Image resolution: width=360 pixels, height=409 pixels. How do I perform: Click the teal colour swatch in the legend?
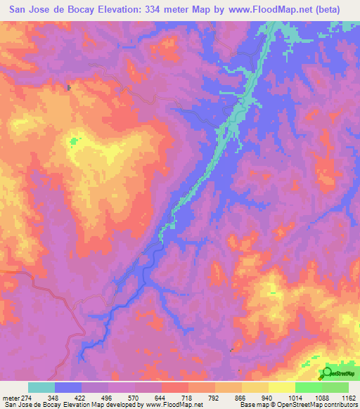[x=41, y=387]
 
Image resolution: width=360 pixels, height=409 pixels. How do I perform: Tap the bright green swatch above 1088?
[x=308, y=387]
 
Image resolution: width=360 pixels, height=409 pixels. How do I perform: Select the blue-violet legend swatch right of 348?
[x=68, y=387]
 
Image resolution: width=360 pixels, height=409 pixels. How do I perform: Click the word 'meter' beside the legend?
[x=10, y=396]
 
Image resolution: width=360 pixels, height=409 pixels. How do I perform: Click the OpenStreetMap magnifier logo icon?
[x=327, y=373]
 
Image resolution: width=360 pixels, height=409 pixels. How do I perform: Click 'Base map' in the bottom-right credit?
[x=250, y=405]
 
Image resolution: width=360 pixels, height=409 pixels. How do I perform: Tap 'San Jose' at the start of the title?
[x=27, y=9]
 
